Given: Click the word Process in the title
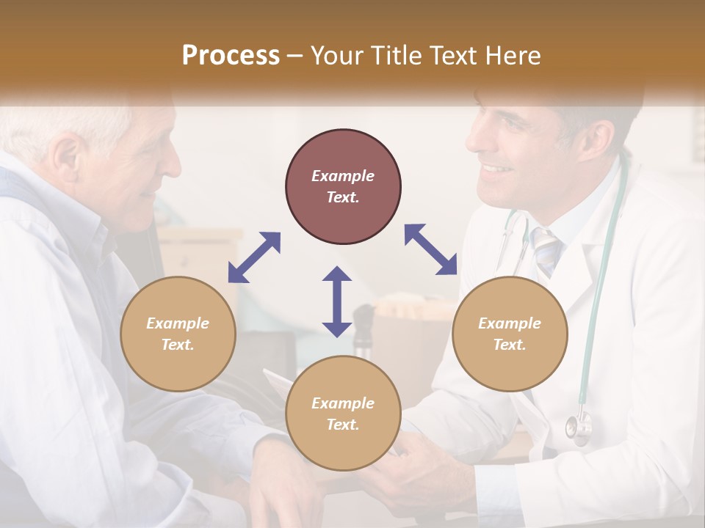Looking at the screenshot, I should point(231,56).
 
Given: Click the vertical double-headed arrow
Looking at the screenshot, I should point(337,301).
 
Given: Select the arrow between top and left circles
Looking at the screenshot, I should point(254,257).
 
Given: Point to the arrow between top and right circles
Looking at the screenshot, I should point(430,249).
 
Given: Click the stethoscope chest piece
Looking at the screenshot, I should point(579,428).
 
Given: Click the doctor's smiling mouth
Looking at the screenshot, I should point(496,170).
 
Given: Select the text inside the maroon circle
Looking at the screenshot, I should point(343,186).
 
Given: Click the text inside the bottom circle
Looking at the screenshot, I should point(343,414).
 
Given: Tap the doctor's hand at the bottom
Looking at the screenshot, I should point(426,469).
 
